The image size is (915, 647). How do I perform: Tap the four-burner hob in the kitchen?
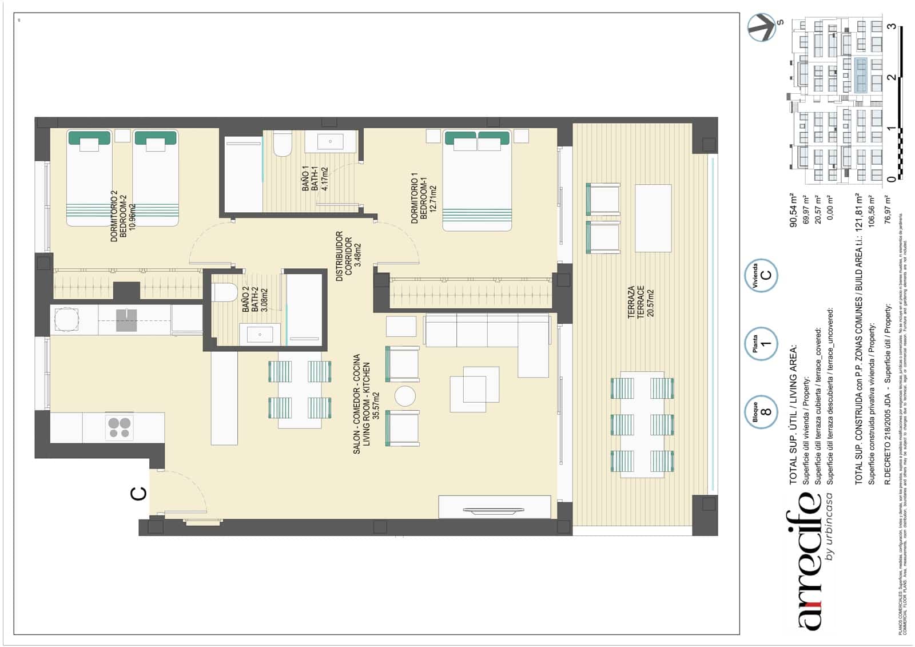120,427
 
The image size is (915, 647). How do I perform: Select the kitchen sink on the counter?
126,320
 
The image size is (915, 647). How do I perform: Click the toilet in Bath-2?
225,292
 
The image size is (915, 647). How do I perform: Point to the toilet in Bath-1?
283,144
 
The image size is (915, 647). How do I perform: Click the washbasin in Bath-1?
330,141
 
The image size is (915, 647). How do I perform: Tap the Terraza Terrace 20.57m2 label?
640,301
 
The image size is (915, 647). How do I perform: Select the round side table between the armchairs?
405,396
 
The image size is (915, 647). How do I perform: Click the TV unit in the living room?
494,508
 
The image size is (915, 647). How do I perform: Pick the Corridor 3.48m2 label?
349,256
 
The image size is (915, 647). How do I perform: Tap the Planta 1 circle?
761,343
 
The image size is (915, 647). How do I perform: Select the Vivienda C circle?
761,275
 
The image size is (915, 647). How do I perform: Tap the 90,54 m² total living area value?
794,210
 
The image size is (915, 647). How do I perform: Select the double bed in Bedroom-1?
477,180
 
